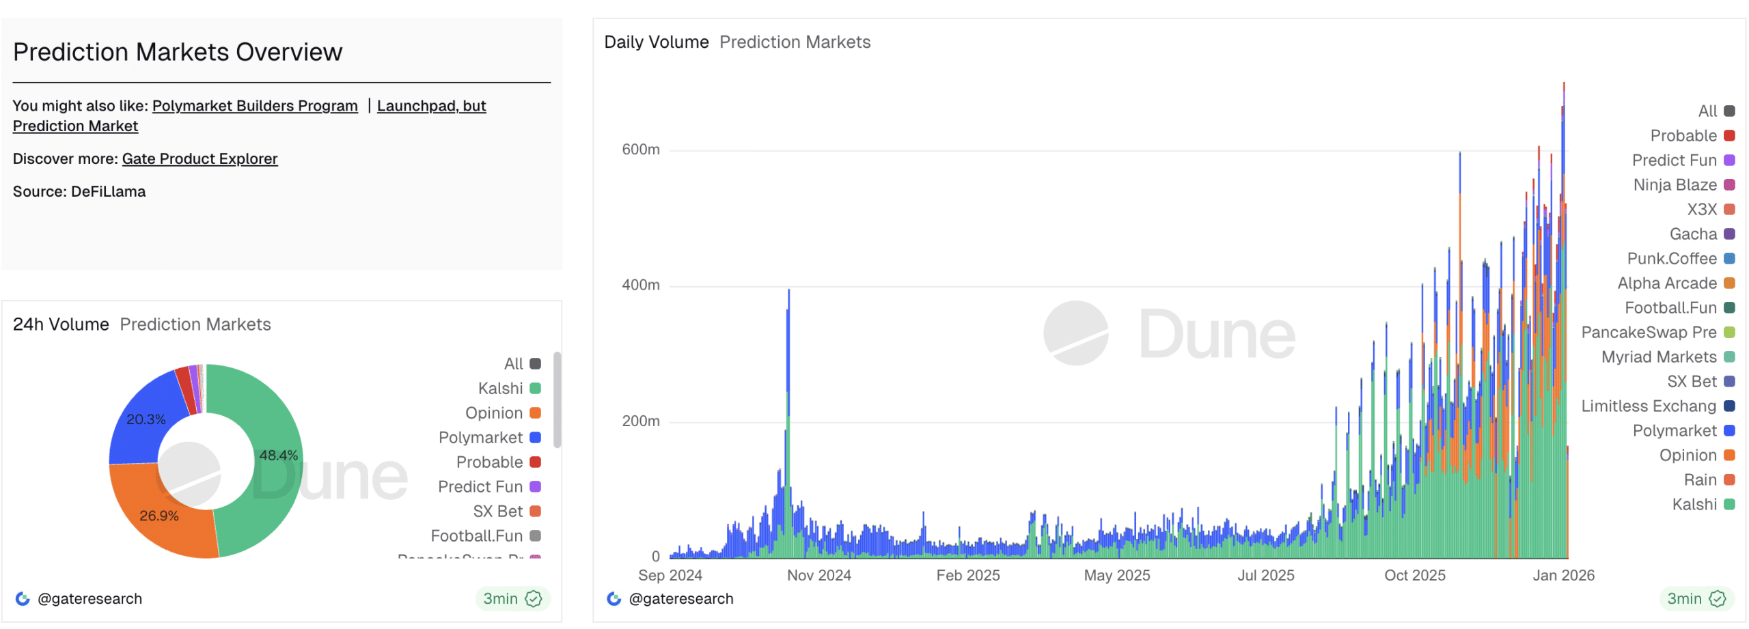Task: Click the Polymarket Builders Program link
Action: [x=255, y=106]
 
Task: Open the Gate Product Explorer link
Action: [x=199, y=159]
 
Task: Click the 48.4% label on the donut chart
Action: [x=278, y=456]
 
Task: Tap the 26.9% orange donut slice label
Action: [x=159, y=516]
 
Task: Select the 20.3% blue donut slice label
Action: [x=146, y=419]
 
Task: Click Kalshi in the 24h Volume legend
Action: [x=501, y=389]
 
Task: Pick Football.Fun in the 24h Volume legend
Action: [x=477, y=536]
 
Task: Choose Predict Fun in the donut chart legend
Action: [x=480, y=487]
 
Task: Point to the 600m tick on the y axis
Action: [x=640, y=150]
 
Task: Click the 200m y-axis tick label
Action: [x=640, y=421]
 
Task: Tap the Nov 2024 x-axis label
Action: [x=818, y=576]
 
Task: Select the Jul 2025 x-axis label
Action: [x=1265, y=576]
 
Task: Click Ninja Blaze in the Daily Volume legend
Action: [x=1675, y=185]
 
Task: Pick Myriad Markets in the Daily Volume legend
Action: [x=1658, y=357]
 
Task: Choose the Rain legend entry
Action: [x=1700, y=480]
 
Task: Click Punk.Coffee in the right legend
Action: [x=1671, y=259]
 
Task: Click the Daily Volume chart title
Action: [x=656, y=42]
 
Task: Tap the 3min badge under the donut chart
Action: [x=512, y=599]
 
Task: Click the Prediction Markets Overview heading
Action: [x=178, y=53]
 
